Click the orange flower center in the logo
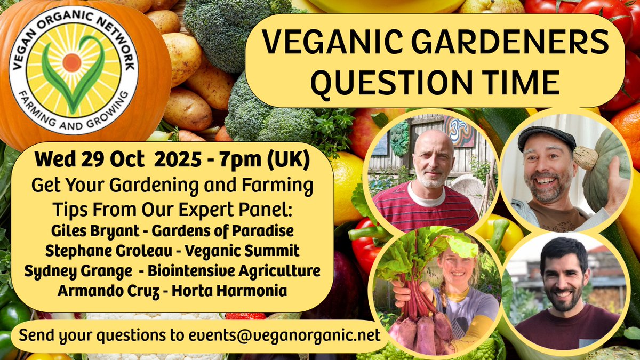pos(71,62)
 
